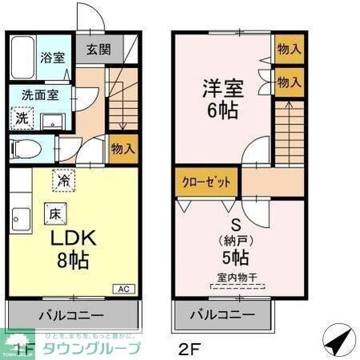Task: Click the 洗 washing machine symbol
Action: (x=22, y=117)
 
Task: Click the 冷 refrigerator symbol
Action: (x=63, y=181)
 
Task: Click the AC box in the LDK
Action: (x=124, y=289)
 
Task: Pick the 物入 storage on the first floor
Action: (x=122, y=149)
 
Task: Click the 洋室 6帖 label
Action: (x=220, y=97)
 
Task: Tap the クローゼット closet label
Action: (x=205, y=183)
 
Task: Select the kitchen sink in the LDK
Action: (x=18, y=216)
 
